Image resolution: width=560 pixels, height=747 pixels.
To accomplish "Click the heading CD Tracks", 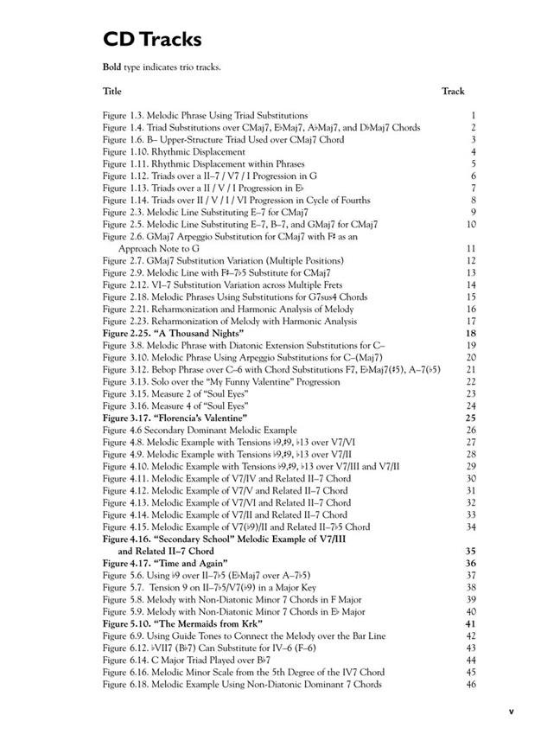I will pos(152,39).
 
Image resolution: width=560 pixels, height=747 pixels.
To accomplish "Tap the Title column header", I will pos(112,91).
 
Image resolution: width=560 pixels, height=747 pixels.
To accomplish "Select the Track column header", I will pos(453,91).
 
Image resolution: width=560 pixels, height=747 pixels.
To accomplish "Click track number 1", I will pos(474,115).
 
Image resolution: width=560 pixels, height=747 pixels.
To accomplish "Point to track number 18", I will pos(471,333).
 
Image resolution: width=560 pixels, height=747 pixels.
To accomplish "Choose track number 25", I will pos(471,418).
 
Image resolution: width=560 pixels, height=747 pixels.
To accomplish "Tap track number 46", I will pos(471,684).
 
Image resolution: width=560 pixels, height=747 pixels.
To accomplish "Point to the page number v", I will pos(511,712).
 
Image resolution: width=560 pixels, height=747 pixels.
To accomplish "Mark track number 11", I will pos(471,248).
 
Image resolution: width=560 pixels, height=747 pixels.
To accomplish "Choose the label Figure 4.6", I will pos(122,430).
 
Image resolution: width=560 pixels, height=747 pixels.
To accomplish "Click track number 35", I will pos(471,551).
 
